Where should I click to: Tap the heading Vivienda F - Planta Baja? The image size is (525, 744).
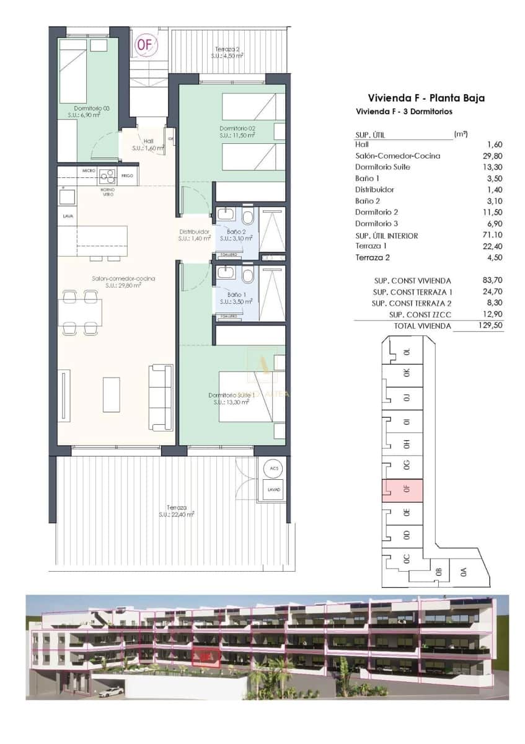426,97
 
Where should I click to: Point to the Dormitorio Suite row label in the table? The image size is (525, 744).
382,167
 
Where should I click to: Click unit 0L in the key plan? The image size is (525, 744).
407,352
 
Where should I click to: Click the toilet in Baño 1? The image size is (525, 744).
248,275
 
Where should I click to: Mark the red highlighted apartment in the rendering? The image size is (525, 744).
206,656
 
